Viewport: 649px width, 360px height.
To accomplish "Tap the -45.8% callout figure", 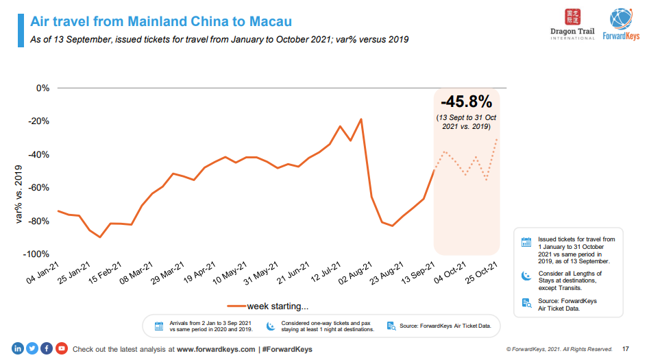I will coord(466,102).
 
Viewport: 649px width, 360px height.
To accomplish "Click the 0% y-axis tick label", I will coord(42,88).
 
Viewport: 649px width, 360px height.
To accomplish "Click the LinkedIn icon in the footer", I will coord(16,348).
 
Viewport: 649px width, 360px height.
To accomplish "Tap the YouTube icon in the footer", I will coord(61,348).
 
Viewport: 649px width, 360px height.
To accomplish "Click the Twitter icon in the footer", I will coord(32,348).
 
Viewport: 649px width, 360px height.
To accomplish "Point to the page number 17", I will coord(625,349).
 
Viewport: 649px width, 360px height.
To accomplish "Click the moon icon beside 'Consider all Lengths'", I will coord(526,276).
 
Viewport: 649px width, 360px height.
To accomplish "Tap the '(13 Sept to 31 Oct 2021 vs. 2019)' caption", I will coord(466,122).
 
